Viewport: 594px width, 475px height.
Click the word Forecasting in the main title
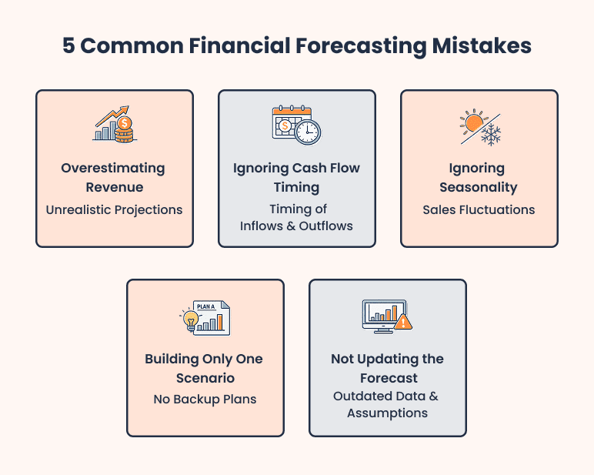click(x=360, y=45)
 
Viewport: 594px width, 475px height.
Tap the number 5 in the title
click(x=68, y=45)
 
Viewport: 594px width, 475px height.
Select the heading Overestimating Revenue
click(x=113, y=177)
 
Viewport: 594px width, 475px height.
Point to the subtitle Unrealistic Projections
click(x=113, y=209)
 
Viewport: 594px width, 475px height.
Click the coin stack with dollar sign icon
click(x=123, y=129)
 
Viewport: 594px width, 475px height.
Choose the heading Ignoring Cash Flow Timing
click(x=296, y=177)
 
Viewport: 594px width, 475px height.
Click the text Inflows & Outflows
click(x=296, y=226)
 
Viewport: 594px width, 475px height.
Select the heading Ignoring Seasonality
click(x=479, y=177)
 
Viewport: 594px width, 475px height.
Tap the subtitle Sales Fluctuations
click(x=479, y=209)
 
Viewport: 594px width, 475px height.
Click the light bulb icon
click(x=189, y=319)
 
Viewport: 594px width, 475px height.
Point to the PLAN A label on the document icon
click(x=206, y=306)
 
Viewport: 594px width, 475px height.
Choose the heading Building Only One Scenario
click(x=204, y=368)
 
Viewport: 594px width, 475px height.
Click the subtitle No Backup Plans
click(x=204, y=399)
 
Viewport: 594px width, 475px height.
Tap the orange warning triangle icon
click(x=402, y=322)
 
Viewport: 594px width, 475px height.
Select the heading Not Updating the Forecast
click(x=387, y=368)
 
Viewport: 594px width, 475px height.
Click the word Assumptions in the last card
click(x=387, y=413)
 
